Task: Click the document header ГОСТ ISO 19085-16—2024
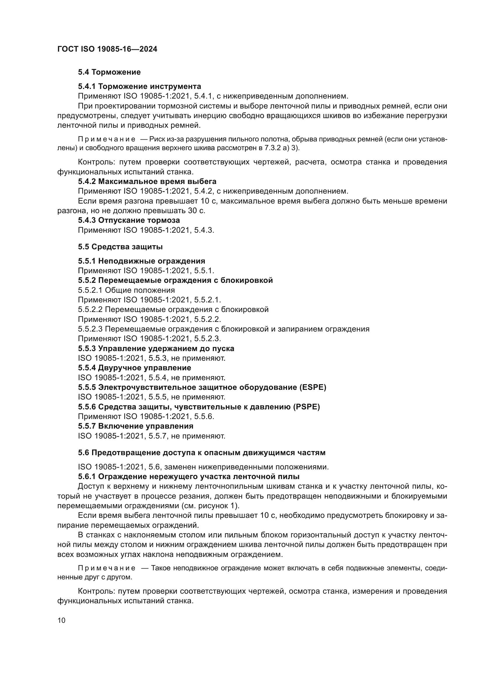pos(107,49)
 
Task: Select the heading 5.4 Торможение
pos(109,72)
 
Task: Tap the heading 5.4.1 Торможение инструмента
pos(140,86)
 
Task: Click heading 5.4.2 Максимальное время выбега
pos(147,181)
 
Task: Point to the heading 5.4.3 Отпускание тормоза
pos(129,220)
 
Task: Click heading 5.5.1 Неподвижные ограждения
pos(142,261)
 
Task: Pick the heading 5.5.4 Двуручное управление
pos(134,368)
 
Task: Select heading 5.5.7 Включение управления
pos(136,426)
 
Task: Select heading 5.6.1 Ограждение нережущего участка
pos(189,477)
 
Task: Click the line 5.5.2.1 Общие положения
pos(126,290)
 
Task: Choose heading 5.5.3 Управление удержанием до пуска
pos(156,348)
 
